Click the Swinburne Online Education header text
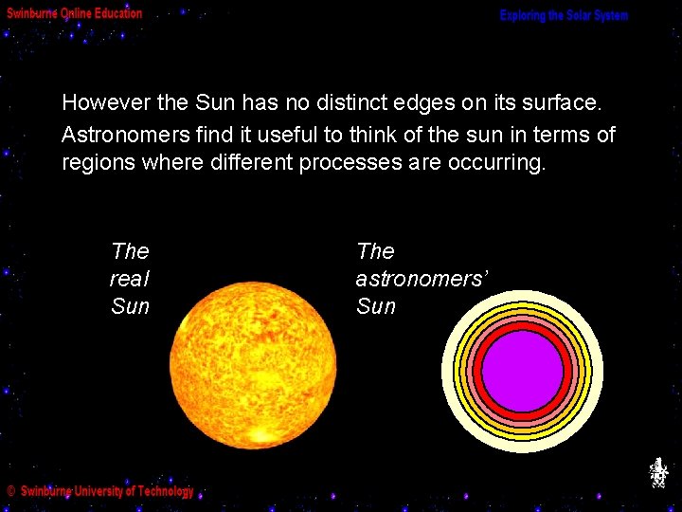(x=75, y=13)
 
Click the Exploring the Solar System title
(x=564, y=16)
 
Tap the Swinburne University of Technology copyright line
(x=100, y=491)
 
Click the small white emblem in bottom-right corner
(x=658, y=472)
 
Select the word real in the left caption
(x=130, y=279)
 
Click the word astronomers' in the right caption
(x=422, y=279)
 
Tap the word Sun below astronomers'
(x=376, y=306)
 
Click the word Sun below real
(x=130, y=306)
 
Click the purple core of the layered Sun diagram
(x=522, y=371)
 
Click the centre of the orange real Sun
(x=253, y=366)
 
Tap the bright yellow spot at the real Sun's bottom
(x=256, y=435)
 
